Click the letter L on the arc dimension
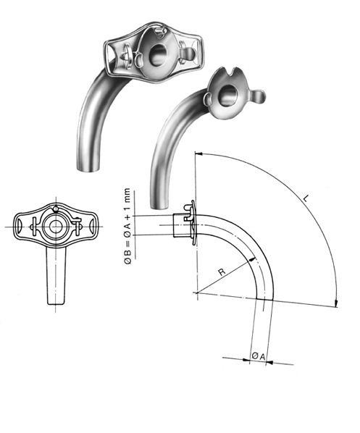click(308, 197)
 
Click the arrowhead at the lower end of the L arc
click(336, 304)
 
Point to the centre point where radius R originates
click(196, 293)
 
